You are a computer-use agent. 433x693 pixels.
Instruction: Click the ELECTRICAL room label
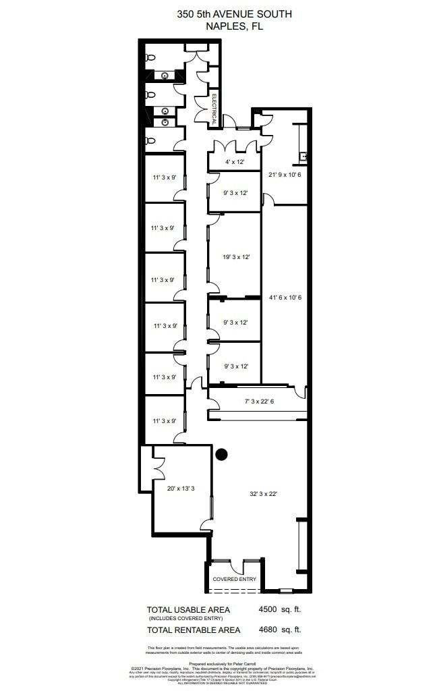point(214,109)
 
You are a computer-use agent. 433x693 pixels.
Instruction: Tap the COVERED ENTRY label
point(234,579)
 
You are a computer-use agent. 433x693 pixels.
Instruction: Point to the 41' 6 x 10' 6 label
point(285,298)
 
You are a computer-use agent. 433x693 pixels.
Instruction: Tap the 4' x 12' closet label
point(233,162)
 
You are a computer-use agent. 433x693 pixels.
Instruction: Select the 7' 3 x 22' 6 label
point(258,402)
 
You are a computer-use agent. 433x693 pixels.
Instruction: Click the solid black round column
point(221,455)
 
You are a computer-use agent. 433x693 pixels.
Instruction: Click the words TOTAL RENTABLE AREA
point(194,630)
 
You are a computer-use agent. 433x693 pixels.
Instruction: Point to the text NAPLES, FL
point(235,26)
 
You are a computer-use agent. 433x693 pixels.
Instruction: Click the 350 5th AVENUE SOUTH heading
point(235,13)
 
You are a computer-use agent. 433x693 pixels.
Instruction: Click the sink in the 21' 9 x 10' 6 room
point(306,157)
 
